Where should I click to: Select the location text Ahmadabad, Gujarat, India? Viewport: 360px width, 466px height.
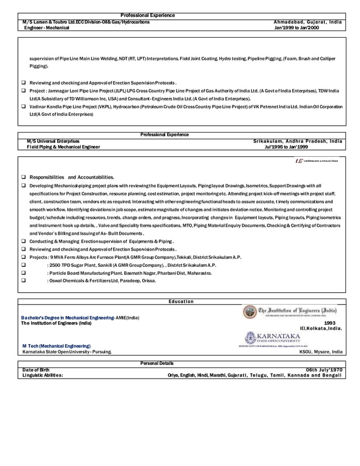[x=308, y=21]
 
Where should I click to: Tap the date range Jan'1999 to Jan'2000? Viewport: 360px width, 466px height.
[x=296, y=27]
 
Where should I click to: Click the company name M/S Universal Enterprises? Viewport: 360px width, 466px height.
[x=53, y=141]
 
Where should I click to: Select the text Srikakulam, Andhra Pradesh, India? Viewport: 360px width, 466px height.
[x=297, y=141]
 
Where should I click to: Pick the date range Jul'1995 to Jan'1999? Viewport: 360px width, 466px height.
[x=286, y=147]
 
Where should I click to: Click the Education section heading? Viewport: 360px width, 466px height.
[x=181, y=302]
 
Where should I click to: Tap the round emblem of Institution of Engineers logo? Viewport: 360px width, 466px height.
[x=249, y=312]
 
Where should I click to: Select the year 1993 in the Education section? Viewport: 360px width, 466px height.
[x=330, y=323]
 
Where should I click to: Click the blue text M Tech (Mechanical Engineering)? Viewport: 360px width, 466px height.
[x=56, y=345]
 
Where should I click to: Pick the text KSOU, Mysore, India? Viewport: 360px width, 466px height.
[x=321, y=351]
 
